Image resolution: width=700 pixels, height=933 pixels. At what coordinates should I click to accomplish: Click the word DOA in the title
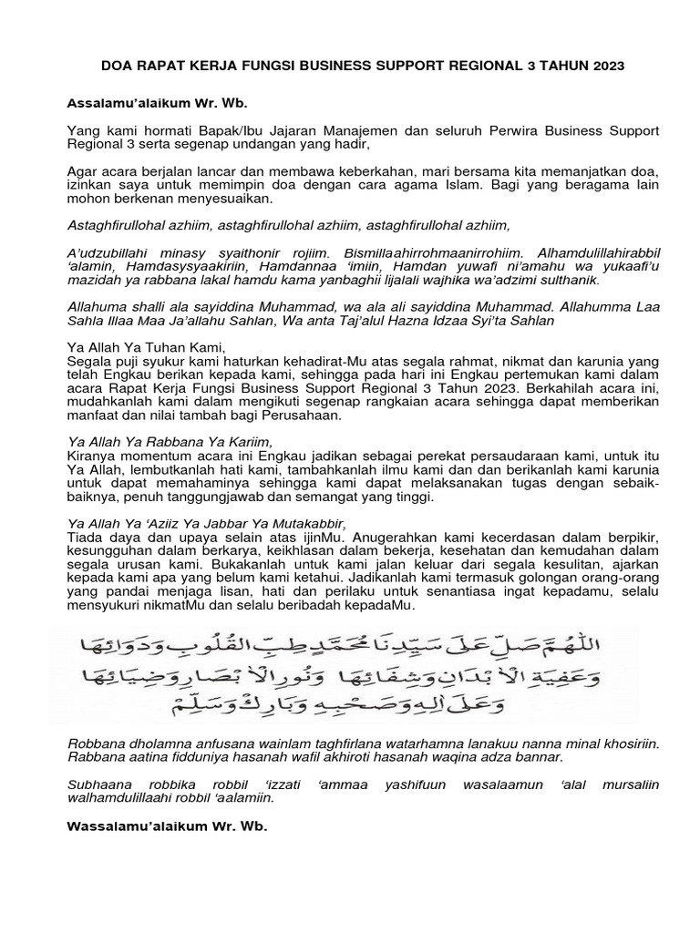pyautogui.click(x=111, y=67)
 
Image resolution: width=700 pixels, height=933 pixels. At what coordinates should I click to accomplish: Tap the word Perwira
pyautogui.click(x=499, y=132)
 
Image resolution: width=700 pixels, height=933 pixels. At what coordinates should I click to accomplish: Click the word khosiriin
pyautogui.click(x=618, y=743)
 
